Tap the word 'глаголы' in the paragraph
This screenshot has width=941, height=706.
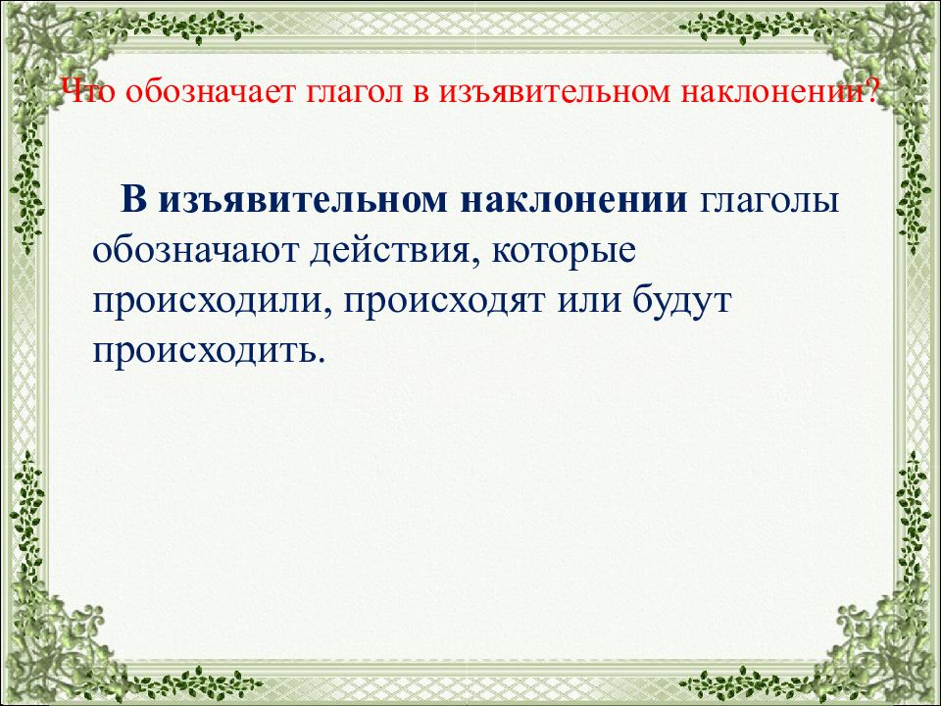[x=768, y=201]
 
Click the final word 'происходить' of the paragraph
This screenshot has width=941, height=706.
[x=207, y=350]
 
